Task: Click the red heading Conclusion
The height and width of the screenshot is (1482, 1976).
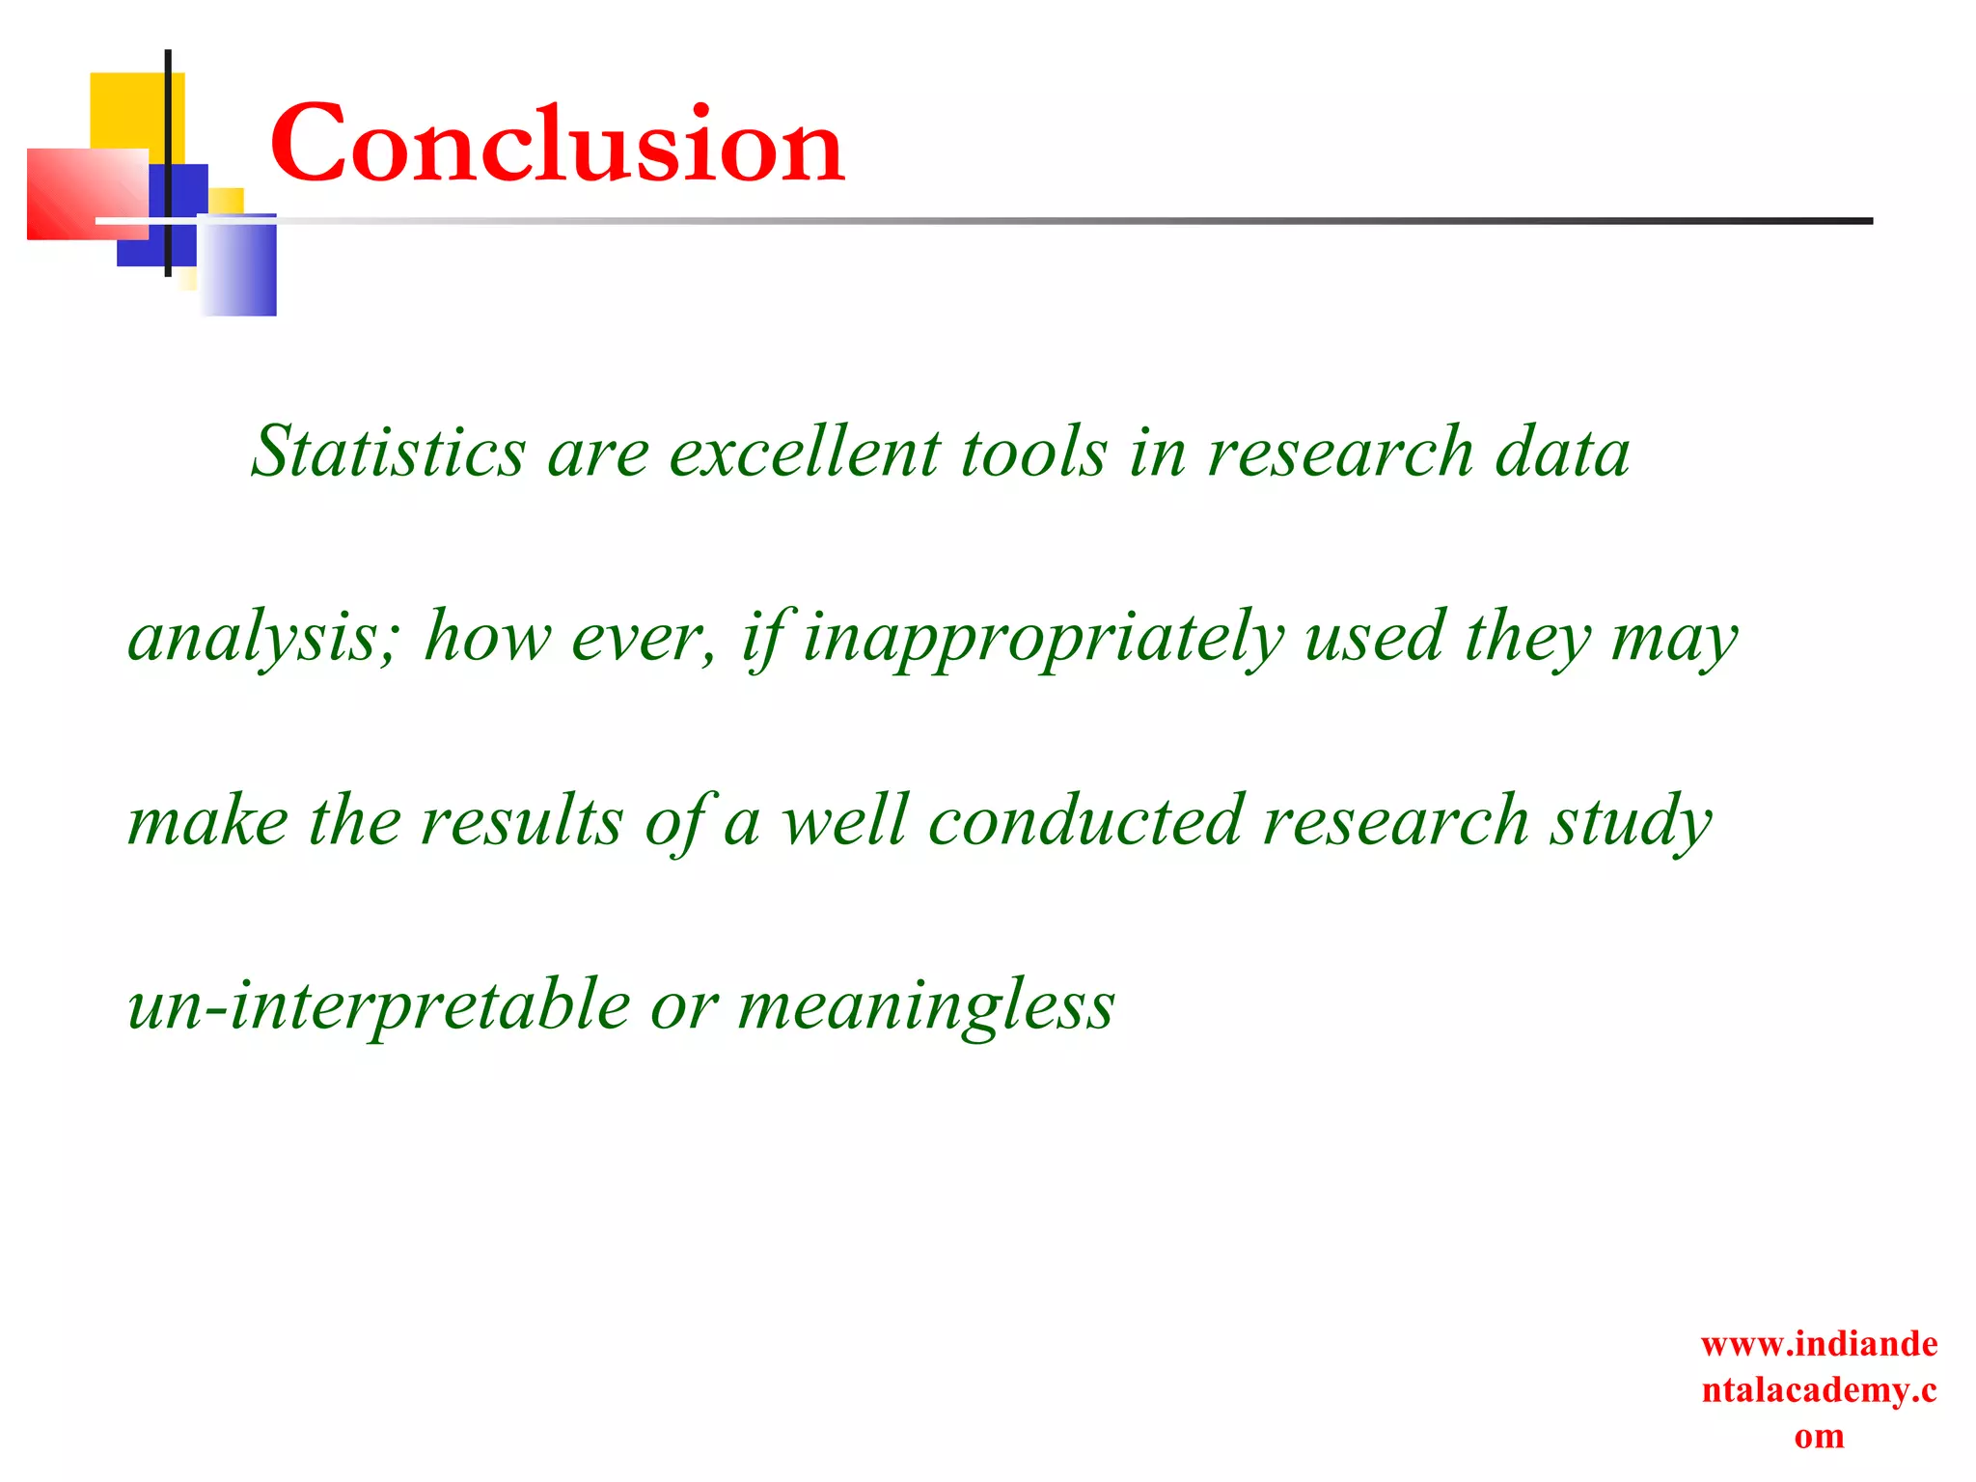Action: click(x=557, y=145)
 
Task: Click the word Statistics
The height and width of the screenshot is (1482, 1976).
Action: click(x=388, y=452)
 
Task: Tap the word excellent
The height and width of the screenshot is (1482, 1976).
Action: click(x=804, y=452)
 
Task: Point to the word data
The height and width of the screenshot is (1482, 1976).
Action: click(x=1561, y=452)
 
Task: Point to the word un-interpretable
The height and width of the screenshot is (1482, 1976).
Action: click(x=378, y=1005)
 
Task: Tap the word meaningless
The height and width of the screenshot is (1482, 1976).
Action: click(x=926, y=1005)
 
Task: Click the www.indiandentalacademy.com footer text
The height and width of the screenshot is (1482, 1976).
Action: click(x=1819, y=1389)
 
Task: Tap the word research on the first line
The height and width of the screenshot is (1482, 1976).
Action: click(x=1340, y=452)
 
